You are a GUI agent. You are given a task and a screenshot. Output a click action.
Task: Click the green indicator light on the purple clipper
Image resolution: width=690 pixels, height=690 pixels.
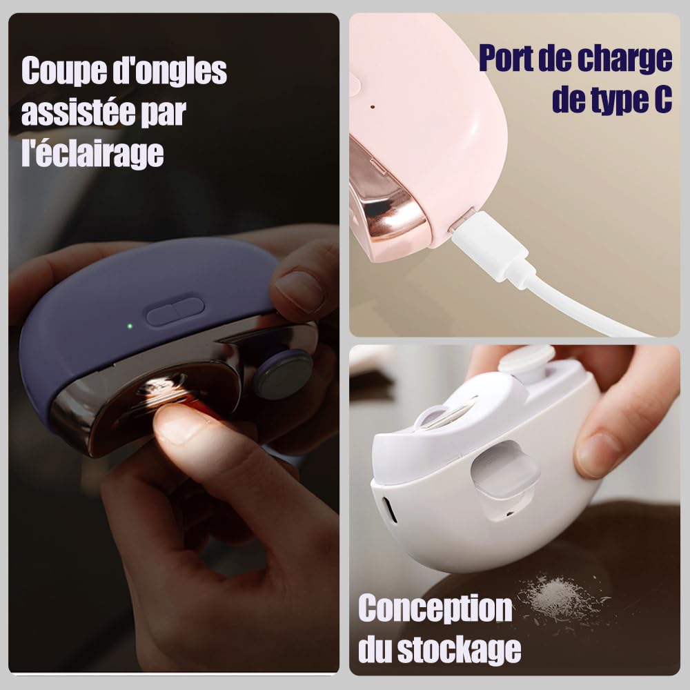click(x=130, y=326)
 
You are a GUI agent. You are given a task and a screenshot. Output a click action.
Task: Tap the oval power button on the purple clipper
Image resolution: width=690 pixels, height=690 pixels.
click(x=175, y=310)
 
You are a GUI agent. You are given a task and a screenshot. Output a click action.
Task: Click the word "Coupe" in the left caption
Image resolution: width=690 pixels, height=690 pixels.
click(x=64, y=71)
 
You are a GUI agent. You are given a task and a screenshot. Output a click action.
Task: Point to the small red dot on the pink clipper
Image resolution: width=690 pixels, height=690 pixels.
click(x=373, y=107)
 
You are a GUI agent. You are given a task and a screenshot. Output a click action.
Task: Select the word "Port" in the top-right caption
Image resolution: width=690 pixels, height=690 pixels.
click(x=505, y=58)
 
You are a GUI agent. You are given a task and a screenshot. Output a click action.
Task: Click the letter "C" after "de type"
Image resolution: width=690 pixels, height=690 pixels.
click(x=661, y=100)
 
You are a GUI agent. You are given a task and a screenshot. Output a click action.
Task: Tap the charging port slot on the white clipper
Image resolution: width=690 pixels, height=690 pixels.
click(x=389, y=510)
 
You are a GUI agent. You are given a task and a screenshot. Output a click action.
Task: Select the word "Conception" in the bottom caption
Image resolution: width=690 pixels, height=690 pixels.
click(x=435, y=608)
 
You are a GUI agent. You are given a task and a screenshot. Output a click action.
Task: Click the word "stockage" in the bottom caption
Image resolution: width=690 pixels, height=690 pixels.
click(x=459, y=649)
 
